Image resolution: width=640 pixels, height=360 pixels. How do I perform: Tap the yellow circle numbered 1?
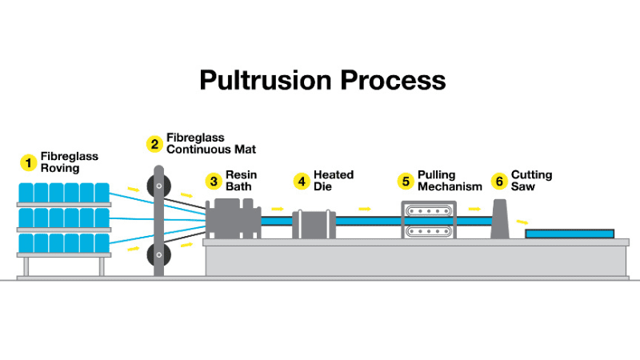tap(28, 162)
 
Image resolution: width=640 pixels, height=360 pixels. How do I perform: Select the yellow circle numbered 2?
tap(154, 144)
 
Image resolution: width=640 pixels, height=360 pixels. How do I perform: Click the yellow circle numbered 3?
tap(214, 181)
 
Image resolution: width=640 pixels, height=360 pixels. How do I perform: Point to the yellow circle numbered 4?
tap(302, 181)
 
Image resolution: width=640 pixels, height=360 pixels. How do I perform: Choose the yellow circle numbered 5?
tap(406, 181)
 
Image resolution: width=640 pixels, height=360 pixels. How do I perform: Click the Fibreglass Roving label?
tap(69, 162)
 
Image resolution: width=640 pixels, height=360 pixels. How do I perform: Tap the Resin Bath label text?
tap(241, 181)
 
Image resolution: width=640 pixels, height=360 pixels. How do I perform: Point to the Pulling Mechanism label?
tap(449, 181)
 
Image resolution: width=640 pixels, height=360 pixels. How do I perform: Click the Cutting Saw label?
tap(531, 181)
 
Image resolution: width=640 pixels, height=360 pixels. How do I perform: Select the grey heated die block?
tap(314, 223)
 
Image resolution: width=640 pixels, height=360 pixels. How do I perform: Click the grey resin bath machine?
tap(234, 218)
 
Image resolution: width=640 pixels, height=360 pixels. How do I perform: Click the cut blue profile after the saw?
tap(570, 234)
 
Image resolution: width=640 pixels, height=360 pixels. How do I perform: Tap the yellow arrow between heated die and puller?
tap(365, 209)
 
